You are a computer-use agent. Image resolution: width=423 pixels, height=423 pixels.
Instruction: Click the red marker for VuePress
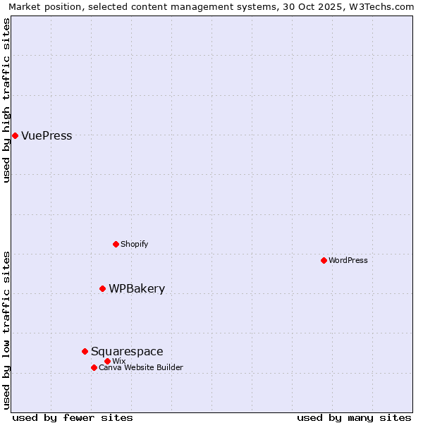pos(15,135)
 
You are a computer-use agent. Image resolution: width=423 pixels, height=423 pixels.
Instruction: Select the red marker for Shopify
pos(116,244)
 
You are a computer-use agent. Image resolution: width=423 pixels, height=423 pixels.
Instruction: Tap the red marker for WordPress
pos(324,260)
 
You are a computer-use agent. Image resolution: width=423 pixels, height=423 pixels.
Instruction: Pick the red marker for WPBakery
pos(102,288)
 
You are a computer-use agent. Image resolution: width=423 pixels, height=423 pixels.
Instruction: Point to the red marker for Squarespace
pos(85,351)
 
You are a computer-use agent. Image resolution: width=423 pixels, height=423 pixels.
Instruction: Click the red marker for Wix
pos(107,361)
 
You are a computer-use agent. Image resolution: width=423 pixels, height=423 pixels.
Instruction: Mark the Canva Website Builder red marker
pos(94,367)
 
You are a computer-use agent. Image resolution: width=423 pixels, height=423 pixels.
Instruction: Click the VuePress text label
pos(47,136)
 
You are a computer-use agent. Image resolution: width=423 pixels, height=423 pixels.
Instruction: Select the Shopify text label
pos(134,244)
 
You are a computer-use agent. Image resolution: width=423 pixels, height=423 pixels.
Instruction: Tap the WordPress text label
pos(348,260)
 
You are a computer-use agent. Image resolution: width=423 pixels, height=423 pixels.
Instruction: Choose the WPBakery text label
pos(137,288)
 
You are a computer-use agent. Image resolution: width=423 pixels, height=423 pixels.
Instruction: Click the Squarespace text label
pos(127,351)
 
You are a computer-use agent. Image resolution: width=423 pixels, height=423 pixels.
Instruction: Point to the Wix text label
pos(118,361)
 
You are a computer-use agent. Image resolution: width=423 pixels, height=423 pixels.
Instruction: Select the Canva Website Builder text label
pos(141,367)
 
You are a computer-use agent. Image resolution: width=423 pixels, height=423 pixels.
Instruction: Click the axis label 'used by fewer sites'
pos(73,417)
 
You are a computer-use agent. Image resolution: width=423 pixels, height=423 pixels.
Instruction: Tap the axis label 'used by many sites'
pos(354,417)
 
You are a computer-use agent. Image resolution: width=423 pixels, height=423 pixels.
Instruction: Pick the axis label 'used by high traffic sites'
pos(6,101)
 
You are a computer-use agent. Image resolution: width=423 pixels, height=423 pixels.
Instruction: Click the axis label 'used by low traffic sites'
pos(6,329)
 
